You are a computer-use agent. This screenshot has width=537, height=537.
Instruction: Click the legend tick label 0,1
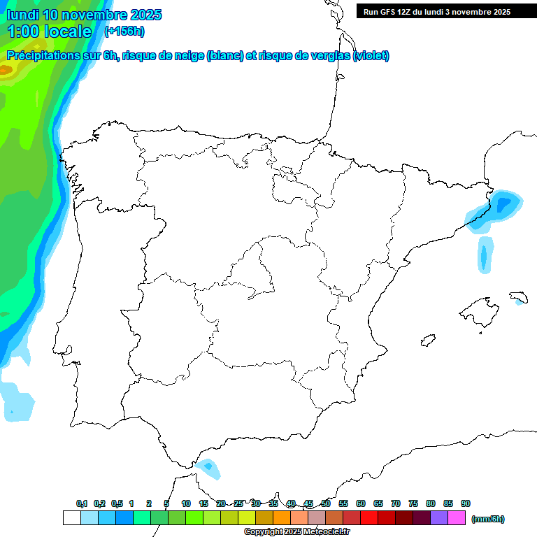point(82,503)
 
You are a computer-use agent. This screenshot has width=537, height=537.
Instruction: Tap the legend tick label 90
point(466,503)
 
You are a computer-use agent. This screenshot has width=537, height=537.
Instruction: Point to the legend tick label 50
point(326,503)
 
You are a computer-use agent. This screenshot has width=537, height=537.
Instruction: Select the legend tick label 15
point(203,503)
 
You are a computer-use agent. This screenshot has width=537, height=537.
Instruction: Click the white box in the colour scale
point(71,518)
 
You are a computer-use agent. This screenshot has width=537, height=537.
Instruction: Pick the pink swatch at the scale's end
point(457,518)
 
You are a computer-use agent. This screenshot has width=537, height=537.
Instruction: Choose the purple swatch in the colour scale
point(439,518)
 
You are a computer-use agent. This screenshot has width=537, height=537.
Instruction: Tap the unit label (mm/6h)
point(487,519)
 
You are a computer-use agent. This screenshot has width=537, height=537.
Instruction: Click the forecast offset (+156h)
point(124,31)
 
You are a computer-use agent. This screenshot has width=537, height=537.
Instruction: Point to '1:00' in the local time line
point(24,31)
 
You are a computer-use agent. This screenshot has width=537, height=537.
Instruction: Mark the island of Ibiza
point(426,341)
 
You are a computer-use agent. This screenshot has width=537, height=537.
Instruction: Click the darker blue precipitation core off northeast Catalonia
point(503,203)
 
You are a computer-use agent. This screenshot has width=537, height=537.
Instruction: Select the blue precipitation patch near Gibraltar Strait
point(208,467)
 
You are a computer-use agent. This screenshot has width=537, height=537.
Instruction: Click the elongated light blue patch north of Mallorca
point(485,254)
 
